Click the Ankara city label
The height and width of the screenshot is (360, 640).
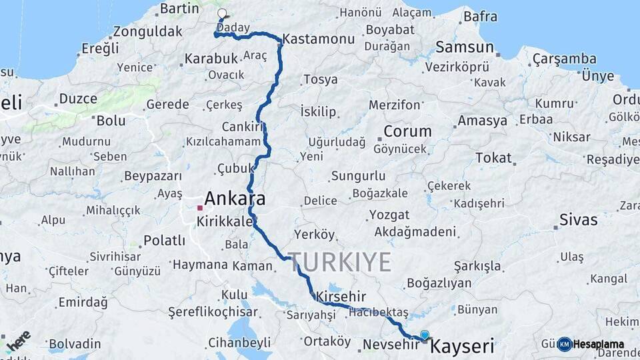click(x=235, y=199)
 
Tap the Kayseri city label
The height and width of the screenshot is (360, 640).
click(x=463, y=346)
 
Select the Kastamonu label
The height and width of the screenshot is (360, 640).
click(x=319, y=39)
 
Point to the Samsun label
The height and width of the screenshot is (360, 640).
click(x=465, y=47)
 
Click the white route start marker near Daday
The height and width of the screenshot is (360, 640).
click(x=222, y=14)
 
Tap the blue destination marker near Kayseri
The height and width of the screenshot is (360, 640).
click(x=425, y=335)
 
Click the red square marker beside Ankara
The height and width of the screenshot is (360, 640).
click(x=199, y=208)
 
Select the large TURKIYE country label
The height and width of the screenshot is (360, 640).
click(x=339, y=262)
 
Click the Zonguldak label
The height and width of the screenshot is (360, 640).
click(x=148, y=31)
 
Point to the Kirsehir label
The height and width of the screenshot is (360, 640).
click(x=341, y=295)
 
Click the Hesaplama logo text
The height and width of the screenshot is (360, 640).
click(x=599, y=344)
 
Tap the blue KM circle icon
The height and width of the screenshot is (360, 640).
click(x=565, y=344)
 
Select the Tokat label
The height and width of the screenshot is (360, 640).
click(x=493, y=158)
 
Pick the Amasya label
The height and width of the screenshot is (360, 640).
click(x=482, y=121)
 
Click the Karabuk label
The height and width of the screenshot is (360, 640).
click(x=211, y=59)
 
